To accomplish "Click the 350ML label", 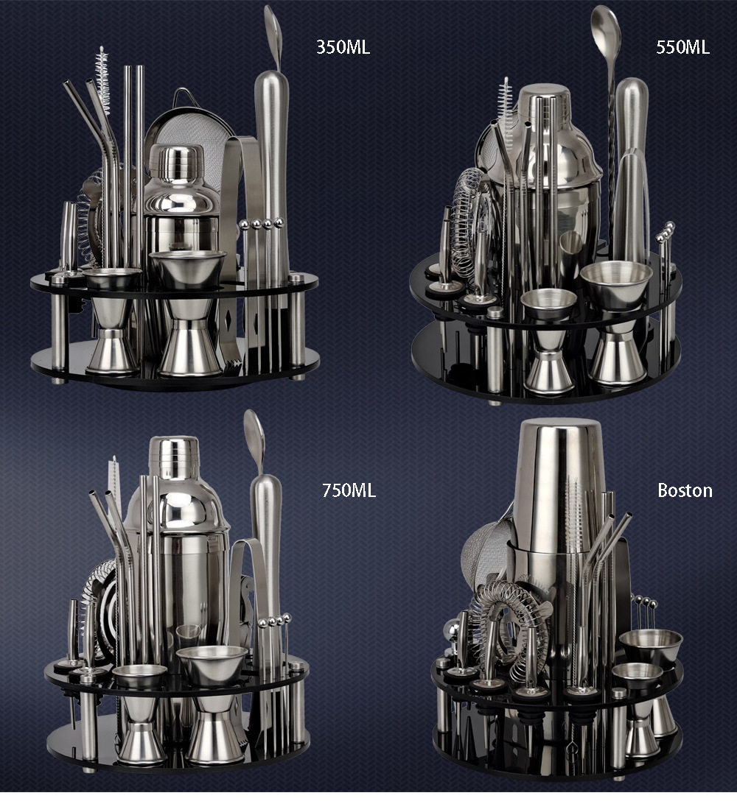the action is [343, 47].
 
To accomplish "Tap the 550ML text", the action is [682, 47].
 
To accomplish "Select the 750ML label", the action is [349, 490].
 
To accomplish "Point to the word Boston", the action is [685, 490].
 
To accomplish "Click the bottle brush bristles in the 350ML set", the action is [102, 80].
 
